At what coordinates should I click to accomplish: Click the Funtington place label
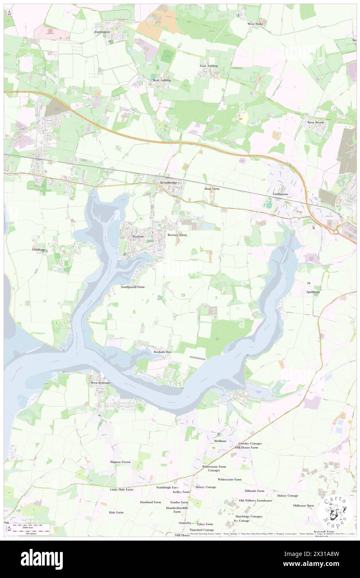102,32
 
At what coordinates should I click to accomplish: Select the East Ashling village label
209,66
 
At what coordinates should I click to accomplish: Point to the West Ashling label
162,80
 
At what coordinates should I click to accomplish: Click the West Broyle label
316,122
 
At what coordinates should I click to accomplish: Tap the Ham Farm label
212,188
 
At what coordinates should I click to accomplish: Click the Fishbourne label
281,194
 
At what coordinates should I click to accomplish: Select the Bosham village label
138,236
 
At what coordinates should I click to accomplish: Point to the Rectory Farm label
177,235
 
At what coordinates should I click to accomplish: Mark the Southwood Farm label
133,287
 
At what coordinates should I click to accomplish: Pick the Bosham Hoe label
163,352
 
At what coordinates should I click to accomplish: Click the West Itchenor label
100,382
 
